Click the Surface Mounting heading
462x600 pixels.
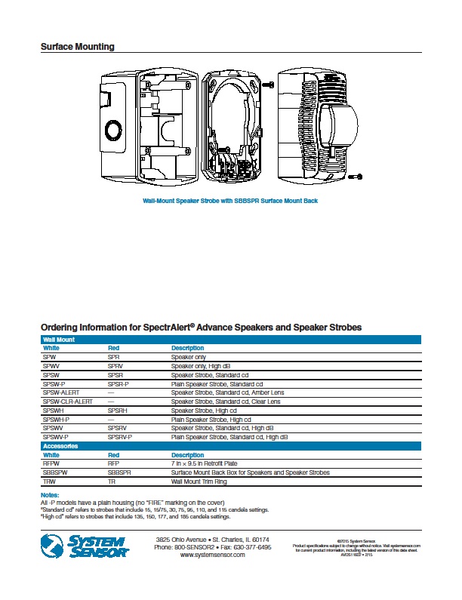77,47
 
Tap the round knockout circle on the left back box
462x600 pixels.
113,129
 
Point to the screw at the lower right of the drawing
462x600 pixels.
359,177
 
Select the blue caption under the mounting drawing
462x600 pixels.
230,201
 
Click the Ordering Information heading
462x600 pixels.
201,327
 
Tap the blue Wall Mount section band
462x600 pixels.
230,340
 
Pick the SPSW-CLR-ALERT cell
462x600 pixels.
68,402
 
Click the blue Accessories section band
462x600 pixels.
230,446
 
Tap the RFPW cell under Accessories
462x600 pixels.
51,464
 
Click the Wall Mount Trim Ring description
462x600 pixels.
201,481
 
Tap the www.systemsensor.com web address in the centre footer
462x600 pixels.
212,555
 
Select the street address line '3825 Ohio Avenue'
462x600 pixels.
212,540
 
